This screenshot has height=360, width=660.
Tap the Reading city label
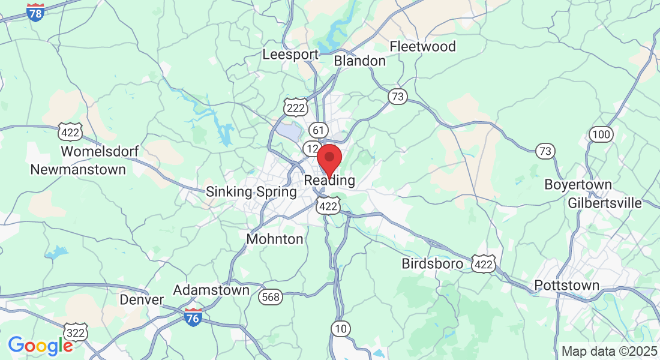[x=329, y=180]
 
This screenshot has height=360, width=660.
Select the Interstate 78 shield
[x=36, y=12]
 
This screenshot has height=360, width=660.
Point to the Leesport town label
[x=290, y=54]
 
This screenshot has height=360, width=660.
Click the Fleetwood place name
[x=422, y=46]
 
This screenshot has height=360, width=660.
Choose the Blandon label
[x=359, y=61]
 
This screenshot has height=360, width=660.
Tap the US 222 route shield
[x=296, y=107]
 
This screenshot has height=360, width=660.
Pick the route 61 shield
[x=319, y=130]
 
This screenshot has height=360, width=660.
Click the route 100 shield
[x=600, y=134]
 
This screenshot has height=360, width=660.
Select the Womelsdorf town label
[x=101, y=151]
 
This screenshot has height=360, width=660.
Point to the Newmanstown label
[x=78, y=169]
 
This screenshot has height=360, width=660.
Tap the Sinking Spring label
[x=251, y=192]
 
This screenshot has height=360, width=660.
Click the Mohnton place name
[x=275, y=239]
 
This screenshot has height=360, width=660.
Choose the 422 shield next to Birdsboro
[x=483, y=263]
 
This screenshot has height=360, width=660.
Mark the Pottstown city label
[x=566, y=285]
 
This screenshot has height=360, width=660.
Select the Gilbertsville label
[x=605, y=203]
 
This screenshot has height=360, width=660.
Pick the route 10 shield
[x=341, y=328]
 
